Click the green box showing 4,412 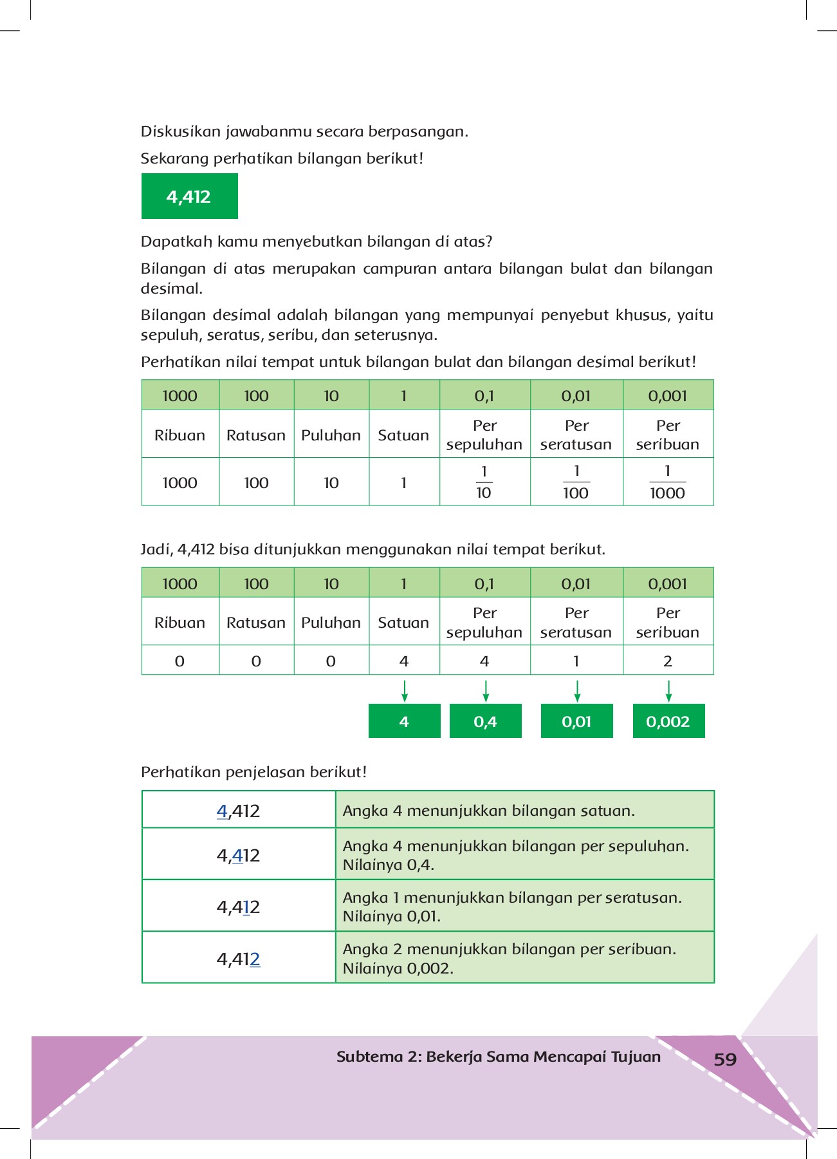tap(189, 196)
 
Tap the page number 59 tap(725, 1059)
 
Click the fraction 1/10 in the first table tap(484, 482)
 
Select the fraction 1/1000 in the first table tap(667, 482)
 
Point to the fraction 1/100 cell tap(576, 482)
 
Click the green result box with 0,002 tap(668, 721)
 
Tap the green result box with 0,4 tap(485, 721)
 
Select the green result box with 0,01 tap(576, 721)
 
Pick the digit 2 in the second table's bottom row tap(668, 661)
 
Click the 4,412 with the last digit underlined tap(238, 959)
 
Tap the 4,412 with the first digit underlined tap(238, 811)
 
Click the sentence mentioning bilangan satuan tap(488, 811)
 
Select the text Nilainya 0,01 tap(391, 916)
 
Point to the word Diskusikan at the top tap(181, 131)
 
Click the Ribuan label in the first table tap(179, 435)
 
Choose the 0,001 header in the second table tap(668, 584)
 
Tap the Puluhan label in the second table tap(331, 623)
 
